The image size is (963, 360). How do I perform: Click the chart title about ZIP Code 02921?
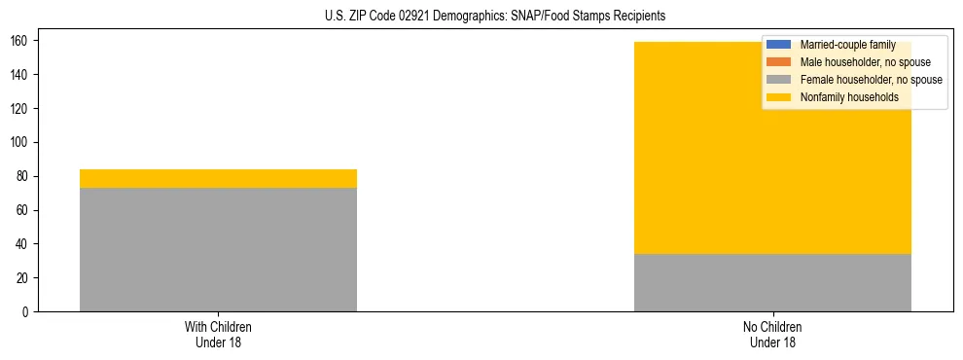[x=495, y=17]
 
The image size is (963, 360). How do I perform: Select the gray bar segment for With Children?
[x=218, y=249]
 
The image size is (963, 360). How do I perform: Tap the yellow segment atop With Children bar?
[x=218, y=178]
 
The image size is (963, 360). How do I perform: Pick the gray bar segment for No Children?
[x=772, y=282]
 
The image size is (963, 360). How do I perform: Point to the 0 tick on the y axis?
[x=27, y=312]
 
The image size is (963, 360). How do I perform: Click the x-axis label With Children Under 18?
[x=218, y=334]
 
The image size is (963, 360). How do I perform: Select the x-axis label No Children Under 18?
[x=772, y=334]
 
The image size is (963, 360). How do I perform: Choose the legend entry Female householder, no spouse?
[x=870, y=80]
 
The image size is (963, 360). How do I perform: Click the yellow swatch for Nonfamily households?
[x=779, y=97]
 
